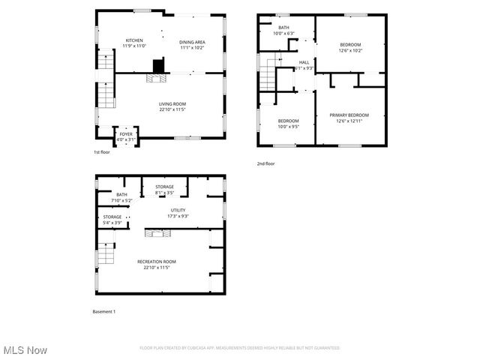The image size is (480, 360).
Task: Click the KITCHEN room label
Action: pyautogui.click(x=135, y=40)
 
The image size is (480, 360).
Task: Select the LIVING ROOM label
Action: pyautogui.click(x=172, y=103)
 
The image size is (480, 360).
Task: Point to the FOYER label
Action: pyautogui.click(x=126, y=133)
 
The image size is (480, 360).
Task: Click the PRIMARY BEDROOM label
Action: pyautogui.click(x=349, y=115)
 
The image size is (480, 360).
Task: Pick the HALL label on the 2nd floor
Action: pyautogui.click(x=304, y=62)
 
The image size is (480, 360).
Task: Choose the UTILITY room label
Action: pyautogui.click(x=178, y=210)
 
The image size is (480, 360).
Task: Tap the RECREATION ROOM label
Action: pyautogui.click(x=162, y=261)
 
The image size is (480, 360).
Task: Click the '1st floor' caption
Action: pyautogui.click(x=102, y=151)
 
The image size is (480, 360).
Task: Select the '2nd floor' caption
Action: pyautogui.click(x=265, y=163)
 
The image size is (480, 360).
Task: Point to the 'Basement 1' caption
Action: pyautogui.click(x=104, y=311)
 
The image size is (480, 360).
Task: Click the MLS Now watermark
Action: pyautogui.click(x=25, y=350)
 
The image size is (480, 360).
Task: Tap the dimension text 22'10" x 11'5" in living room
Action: pyautogui.click(x=172, y=109)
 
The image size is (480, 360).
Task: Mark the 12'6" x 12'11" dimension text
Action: pyautogui.click(x=349, y=121)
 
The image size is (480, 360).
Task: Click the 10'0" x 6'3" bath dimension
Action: pyautogui.click(x=283, y=33)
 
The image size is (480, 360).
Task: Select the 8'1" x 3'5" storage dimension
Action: pyautogui.click(x=164, y=193)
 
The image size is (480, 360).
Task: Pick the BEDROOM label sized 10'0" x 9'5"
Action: pyautogui.click(x=289, y=121)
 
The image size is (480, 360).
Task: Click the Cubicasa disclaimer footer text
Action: pyautogui.click(x=240, y=348)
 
